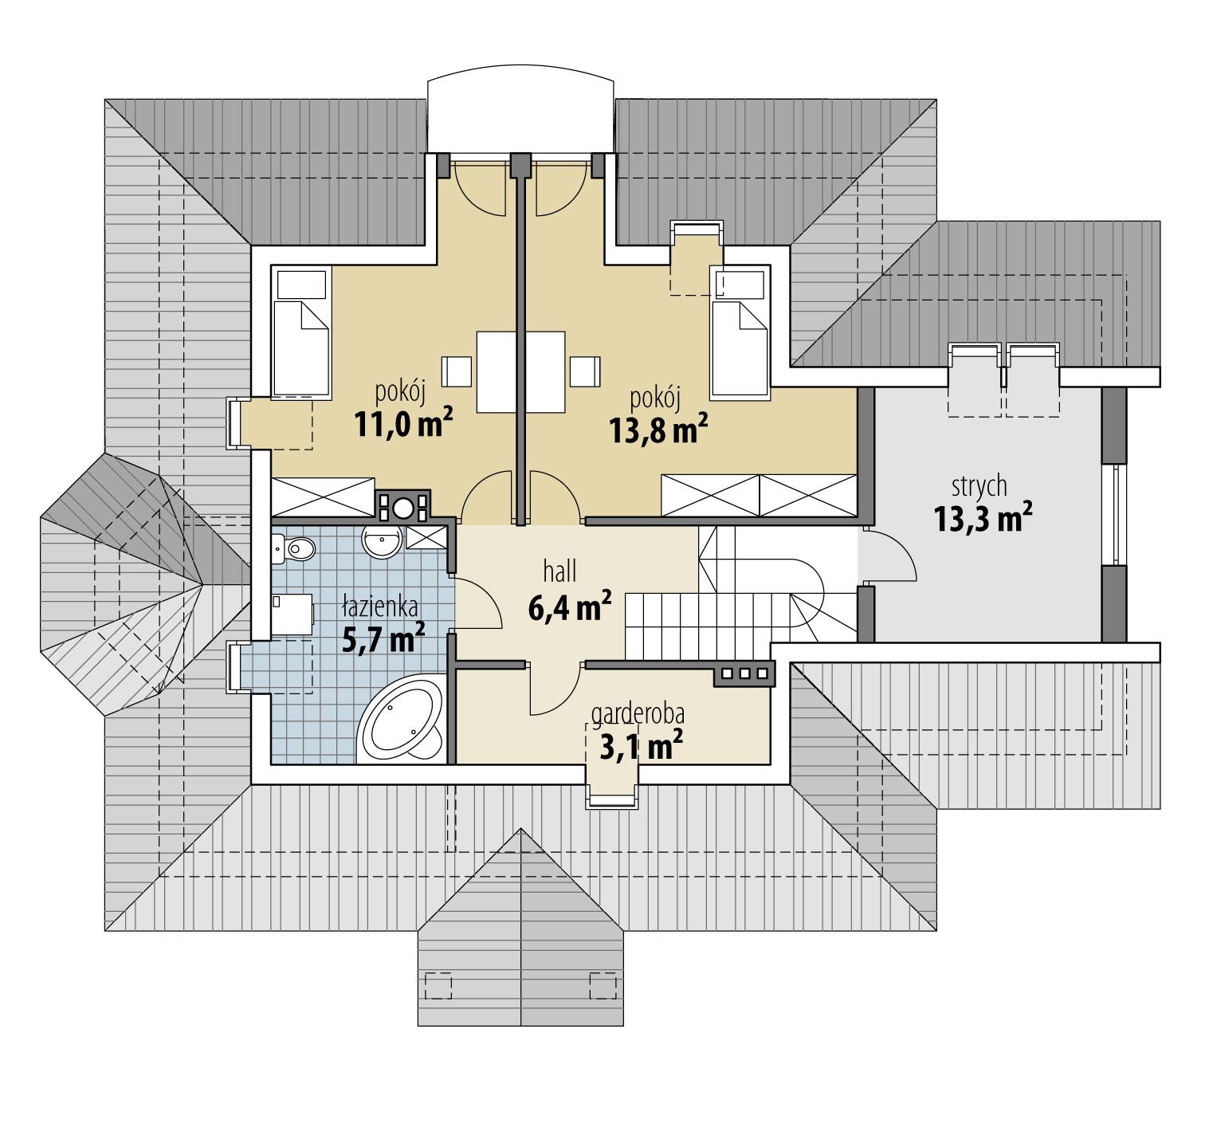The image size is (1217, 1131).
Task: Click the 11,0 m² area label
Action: [x=403, y=426]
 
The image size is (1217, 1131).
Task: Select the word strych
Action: [x=979, y=485]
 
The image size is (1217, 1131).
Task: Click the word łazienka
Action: [x=379, y=608]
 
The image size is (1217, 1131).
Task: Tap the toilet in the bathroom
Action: [x=296, y=548]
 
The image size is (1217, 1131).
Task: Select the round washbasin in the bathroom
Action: [x=383, y=543]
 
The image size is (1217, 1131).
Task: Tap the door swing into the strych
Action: [x=888, y=557]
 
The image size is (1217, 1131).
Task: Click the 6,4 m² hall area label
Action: [x=569, y=608]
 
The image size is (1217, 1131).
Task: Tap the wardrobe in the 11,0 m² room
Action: [x=323, y=496]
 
